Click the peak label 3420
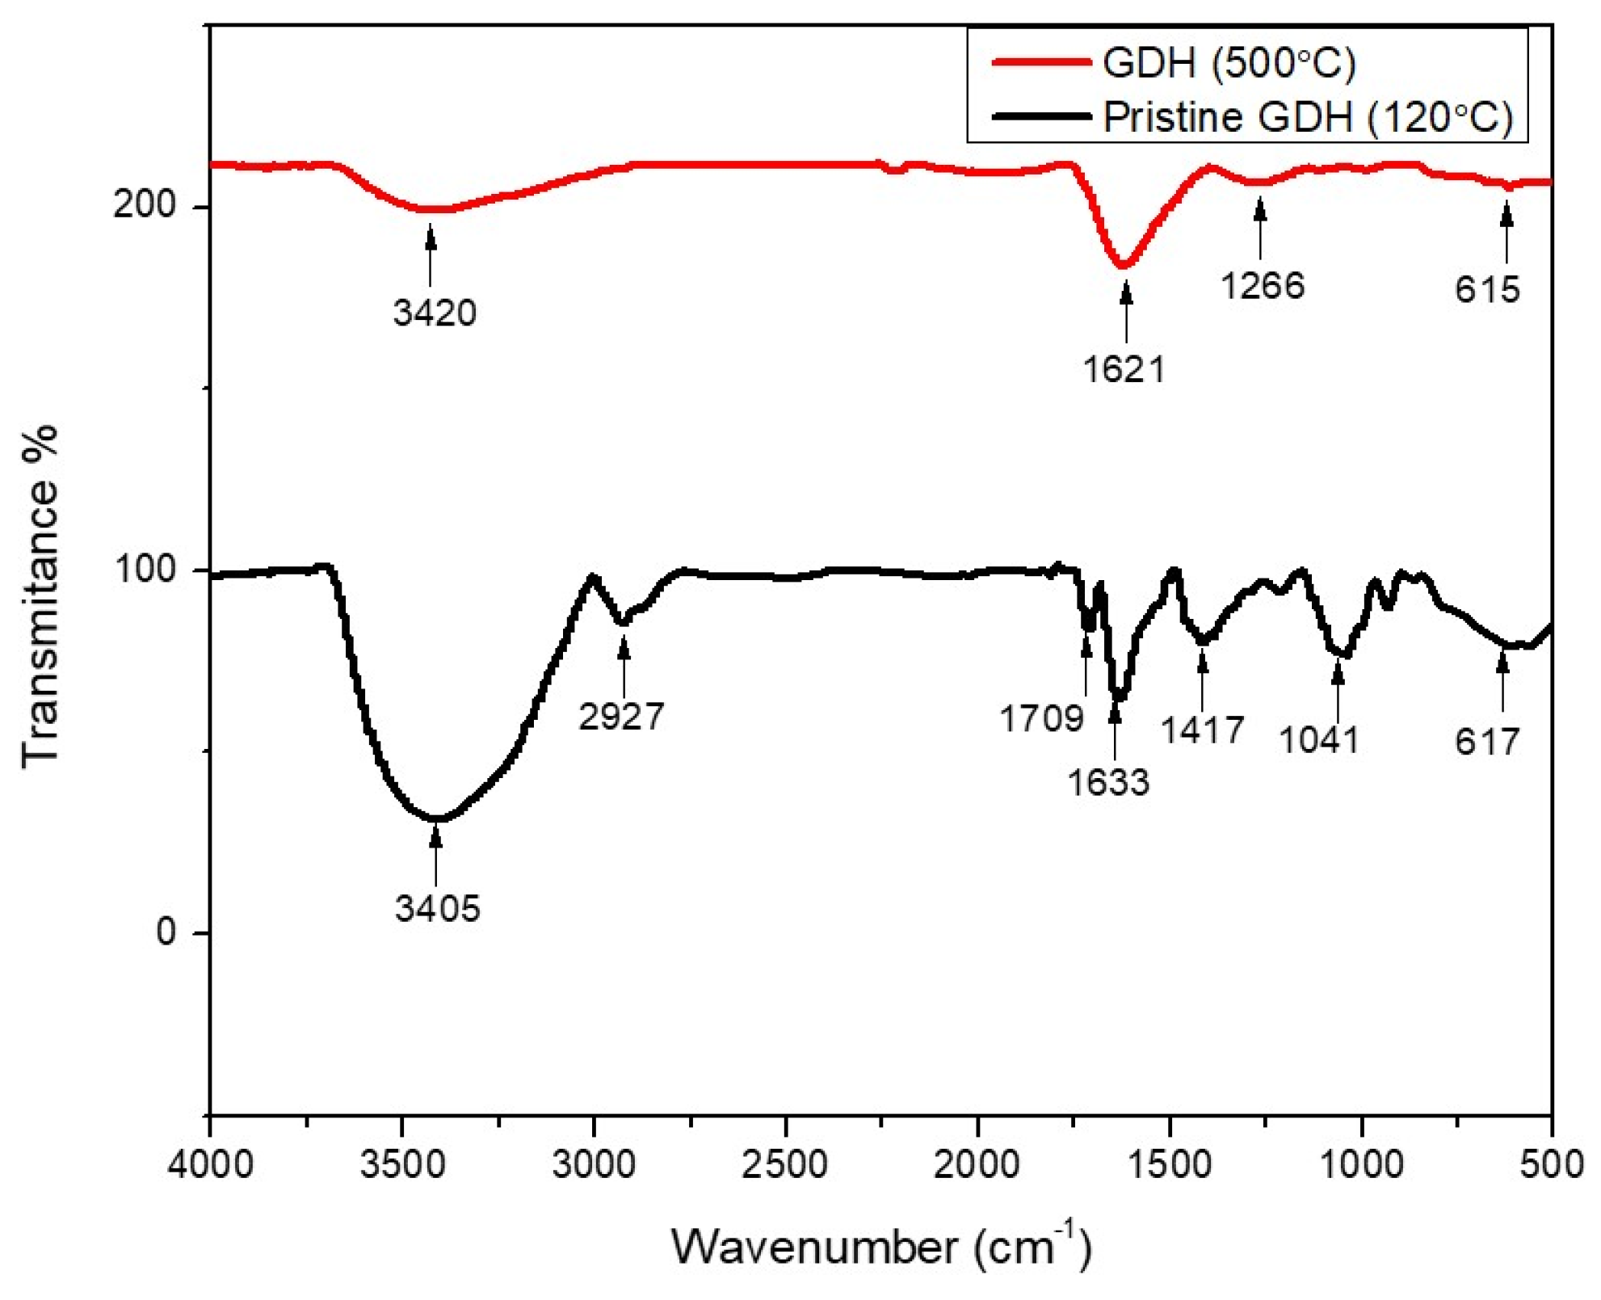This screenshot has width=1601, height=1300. (x=435, y=313)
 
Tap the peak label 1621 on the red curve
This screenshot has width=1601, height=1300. (x=1124, y=370)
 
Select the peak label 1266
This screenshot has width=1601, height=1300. (x=1262, y=286)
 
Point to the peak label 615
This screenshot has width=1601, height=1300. (x=1487, y=289)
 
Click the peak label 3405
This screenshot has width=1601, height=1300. (x=437, y=908)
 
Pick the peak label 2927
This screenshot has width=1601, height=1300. (x=620, y=717)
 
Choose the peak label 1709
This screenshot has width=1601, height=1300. (x=1041, y=718)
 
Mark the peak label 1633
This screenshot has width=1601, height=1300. (x=1107, y=782)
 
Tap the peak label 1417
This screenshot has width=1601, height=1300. (x=1202, y=730)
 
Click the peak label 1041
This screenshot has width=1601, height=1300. (x=1319, y=740)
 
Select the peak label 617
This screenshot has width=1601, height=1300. (x=1487, y=742)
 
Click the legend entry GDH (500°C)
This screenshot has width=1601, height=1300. (x=1229, y=63)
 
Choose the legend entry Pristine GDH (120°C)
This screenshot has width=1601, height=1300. (x=1307, y=117)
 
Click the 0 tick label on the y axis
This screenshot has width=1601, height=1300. (x=166, y=932)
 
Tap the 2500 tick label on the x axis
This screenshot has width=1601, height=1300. (x=784, y=1166)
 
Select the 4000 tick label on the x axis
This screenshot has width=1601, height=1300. (x=210, y=1166)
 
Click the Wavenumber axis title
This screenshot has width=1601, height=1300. (x=880, y=1246)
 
